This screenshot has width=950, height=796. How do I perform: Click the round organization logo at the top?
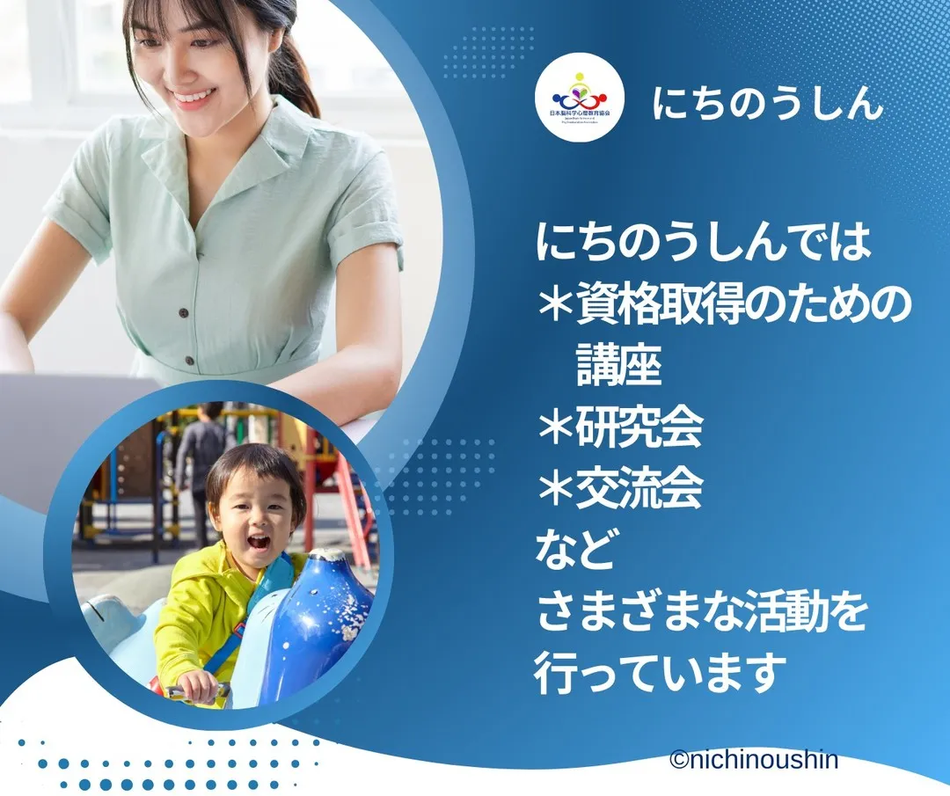[x=581, y=97]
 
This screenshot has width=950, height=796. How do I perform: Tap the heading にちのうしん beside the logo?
[x=767, y=104]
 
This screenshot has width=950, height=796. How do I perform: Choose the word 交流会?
[x=639, y=489]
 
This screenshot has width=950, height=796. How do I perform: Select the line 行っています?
[x=659, y=675]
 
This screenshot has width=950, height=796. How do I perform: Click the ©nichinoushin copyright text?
[x=753, y=760]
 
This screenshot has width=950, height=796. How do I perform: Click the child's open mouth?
[x=258, y=542]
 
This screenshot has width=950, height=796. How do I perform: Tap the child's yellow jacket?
[x=198, y=616]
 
